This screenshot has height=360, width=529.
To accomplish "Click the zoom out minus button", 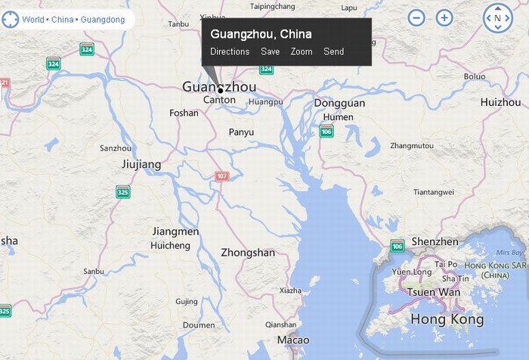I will coord(416,17).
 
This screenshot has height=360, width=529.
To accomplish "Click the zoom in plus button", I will coord(444,17).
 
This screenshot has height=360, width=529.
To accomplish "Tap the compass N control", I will coord(497,17).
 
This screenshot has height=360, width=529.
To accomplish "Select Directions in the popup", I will coord(230,51).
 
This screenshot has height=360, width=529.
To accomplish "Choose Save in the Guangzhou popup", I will coord(270,51).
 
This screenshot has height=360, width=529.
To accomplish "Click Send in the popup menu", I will coord(333,51).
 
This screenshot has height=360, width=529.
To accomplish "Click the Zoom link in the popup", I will coord(302,51).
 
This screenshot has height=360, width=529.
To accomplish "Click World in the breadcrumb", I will coord(33,19).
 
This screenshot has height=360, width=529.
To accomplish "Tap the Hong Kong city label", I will coord(447,319).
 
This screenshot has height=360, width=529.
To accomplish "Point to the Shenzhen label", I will coord(435,242).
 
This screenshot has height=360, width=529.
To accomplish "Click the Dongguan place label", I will coord(339,103).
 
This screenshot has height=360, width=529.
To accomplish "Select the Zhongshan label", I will coord(248,253).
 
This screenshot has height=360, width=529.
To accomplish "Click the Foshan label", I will coord(184,113).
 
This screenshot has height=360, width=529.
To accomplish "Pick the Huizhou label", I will coord(500,102).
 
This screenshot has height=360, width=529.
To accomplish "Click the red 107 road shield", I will coord(221,176).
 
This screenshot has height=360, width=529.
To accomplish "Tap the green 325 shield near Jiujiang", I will coord(122,191).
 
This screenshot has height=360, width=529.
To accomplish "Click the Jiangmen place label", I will coord(175,231).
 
